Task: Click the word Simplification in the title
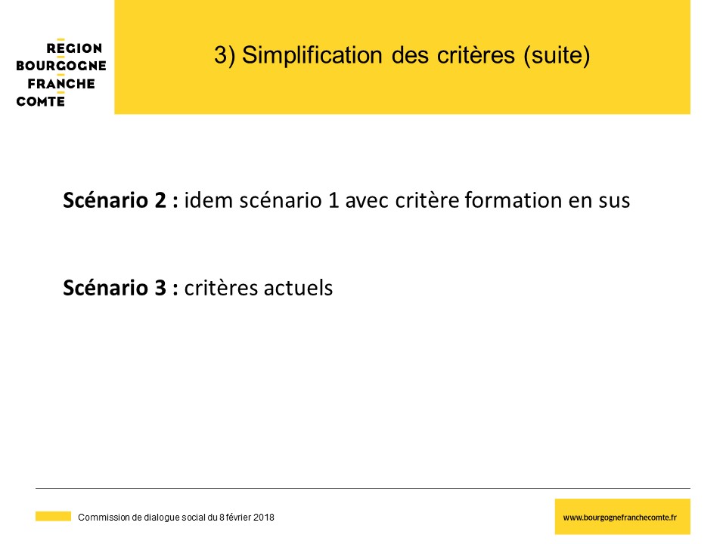point(312,55)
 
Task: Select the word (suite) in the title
point(557,55)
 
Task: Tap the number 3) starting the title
point(225,55)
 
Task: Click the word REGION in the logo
point(74,48)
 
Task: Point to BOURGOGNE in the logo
point(61,66)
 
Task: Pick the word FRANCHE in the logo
point(61,84)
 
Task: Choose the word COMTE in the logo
point(40,101)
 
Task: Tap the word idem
point(209,200)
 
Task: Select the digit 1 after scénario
point(334,201)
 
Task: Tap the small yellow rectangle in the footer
point(53,516)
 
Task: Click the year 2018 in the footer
point(264,517)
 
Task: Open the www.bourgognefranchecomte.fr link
point(619,518)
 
